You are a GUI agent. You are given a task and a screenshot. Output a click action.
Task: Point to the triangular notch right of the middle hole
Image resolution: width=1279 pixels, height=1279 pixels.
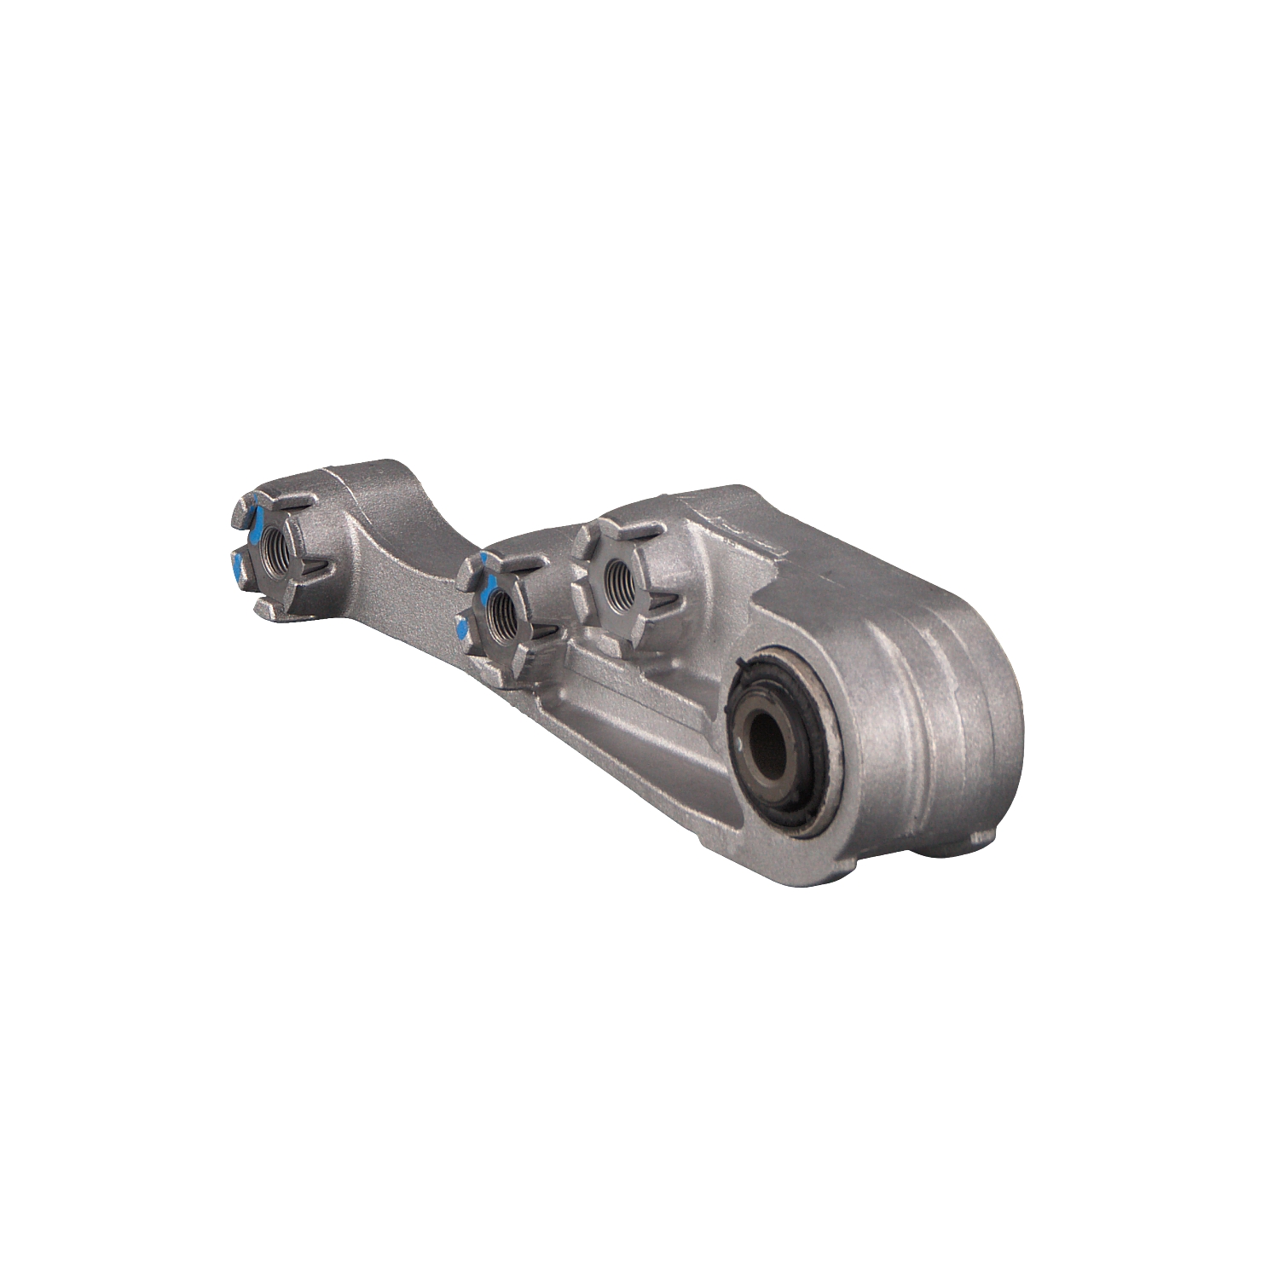click(541, 632)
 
